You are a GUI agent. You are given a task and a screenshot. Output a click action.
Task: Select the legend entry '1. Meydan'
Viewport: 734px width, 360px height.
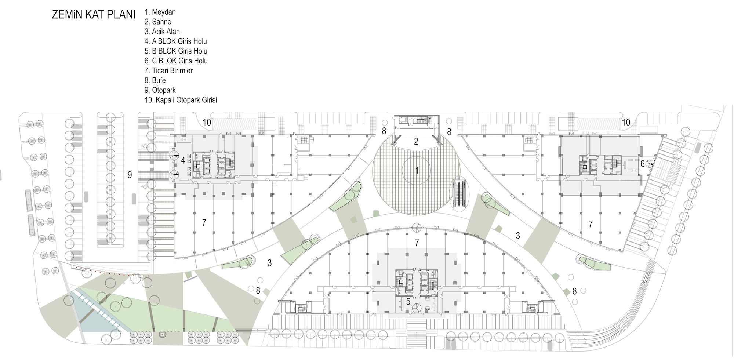[x=160, y=12]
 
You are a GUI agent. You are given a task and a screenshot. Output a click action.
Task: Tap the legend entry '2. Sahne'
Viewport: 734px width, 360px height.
[x=158, y=22]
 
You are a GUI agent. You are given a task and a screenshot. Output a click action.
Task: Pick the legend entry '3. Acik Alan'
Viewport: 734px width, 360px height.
[x=162, y=32]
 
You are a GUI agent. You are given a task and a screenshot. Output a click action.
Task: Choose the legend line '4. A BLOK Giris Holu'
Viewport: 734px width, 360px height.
[x=176, y=41]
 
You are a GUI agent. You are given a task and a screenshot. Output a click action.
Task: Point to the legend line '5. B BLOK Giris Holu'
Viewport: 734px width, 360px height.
[x=176, y=51]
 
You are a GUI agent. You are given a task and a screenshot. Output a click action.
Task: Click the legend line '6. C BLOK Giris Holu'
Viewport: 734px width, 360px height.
[x=176, y=61]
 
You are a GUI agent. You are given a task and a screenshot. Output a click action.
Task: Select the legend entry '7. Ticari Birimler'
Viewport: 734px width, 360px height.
[x=168, y=70]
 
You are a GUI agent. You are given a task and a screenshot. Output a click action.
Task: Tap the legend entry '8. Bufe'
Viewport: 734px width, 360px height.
[x=155, y=80]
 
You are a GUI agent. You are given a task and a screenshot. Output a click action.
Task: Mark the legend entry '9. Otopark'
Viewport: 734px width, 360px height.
[x=160, y=90]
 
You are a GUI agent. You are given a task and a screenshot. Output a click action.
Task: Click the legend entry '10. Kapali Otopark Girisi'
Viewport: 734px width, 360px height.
[x=181, y=100]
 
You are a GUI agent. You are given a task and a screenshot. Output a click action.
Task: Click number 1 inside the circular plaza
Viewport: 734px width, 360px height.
[x=417, y=170]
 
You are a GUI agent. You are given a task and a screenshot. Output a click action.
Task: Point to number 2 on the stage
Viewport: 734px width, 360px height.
[x=416, y=142]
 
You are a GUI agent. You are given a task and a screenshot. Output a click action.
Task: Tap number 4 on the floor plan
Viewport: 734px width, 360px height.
[x=183, y=160]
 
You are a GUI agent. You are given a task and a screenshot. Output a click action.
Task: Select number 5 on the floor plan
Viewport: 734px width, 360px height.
[x=408, y=302]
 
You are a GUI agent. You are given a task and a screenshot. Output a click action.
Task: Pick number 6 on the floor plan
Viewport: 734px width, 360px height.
[x=642, y=164]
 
